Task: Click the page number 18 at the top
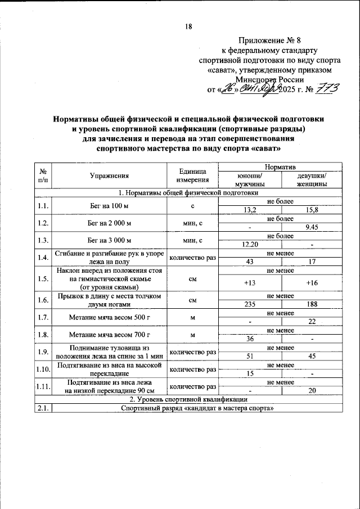click(188, 26)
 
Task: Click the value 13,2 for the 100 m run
click(250, 210)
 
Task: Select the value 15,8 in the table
click(311, 210)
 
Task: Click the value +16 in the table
click(311, 283)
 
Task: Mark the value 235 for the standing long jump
click(250, 305)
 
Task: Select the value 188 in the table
click(311, 305)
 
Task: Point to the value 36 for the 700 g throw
click(250, 340)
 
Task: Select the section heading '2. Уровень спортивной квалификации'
click(188, 400)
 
